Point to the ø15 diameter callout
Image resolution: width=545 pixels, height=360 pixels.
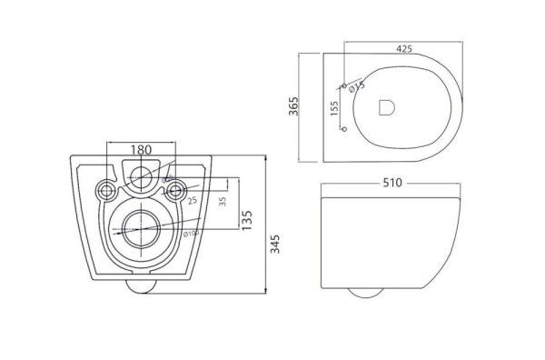[x=358, y=86]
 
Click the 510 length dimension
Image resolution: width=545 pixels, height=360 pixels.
[x=392, y=182]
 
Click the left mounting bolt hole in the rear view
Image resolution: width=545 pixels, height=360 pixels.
[x=105, y=191]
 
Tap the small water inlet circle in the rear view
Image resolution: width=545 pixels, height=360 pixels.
[x=142, y=176]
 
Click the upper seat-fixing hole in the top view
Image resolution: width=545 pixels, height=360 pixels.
[x=344, y=85]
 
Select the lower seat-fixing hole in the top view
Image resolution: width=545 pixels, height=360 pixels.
[x=343, y=130]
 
